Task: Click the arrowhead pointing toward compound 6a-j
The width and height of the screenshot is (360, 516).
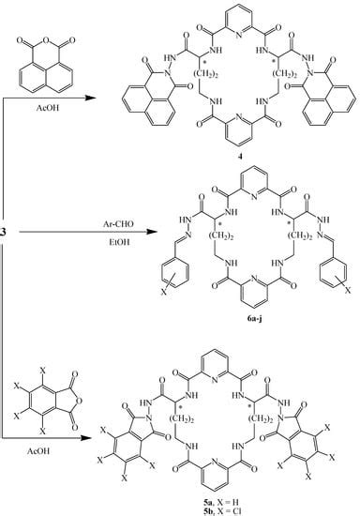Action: click(112, 250)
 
